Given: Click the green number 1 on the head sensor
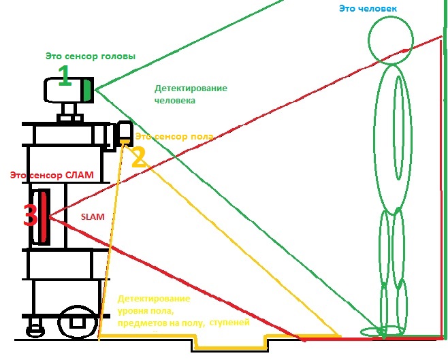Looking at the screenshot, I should point(64,76).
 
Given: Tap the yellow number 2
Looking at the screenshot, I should point(138,158).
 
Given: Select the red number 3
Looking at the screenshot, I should point(30,216).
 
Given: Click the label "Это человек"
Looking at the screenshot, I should point(368,8).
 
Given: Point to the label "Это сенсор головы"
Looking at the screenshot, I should point(91,55).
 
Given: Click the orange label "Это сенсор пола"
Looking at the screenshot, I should point(175,137).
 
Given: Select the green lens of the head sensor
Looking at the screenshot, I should point(87,89).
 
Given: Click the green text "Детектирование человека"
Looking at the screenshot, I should point(191,94).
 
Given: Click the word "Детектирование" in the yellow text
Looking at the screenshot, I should point(153,299).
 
